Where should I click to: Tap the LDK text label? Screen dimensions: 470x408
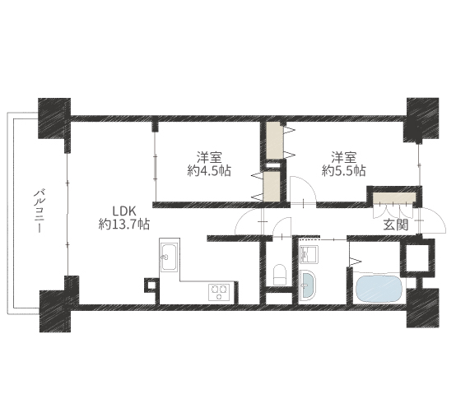coord(124,211)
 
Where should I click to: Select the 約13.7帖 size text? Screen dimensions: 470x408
coord(124,224)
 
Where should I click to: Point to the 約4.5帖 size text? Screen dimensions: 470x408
coord(209,171)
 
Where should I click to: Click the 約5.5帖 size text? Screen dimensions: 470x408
coord(343,171)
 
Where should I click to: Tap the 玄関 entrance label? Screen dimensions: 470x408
coord(396,225)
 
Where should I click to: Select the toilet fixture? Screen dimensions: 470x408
coord(280,274)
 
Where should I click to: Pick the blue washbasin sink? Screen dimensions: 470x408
coord(307,284)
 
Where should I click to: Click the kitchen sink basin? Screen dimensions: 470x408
coord(169,257)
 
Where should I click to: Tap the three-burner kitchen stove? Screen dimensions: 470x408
coord(219,292)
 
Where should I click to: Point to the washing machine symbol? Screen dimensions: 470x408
coord(309,254)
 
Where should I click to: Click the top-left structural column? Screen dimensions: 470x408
coord(54,118)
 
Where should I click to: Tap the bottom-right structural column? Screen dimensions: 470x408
coord(422,308)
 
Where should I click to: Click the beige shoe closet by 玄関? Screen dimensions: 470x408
coord(394,197)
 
